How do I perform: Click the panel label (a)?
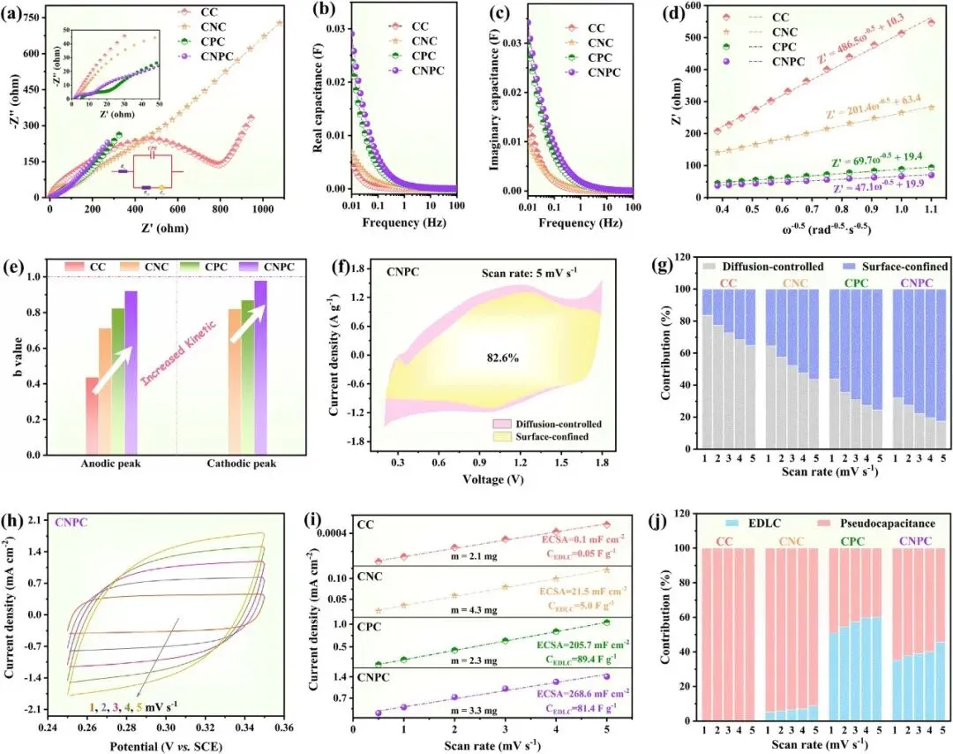(12, 14)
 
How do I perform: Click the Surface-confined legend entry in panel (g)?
(890, 265)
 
